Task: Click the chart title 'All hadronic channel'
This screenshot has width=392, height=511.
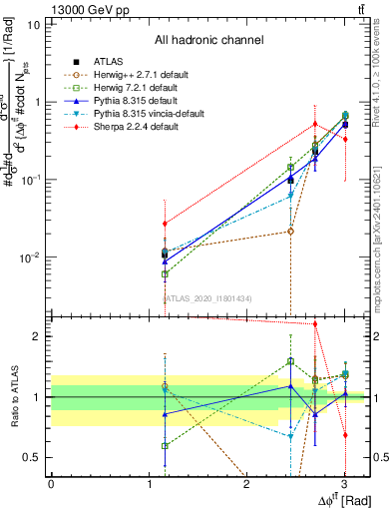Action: tap(208, 40)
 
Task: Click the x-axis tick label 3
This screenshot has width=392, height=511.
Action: tap(344, 485)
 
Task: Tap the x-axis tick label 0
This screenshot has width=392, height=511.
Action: tap(51, 485)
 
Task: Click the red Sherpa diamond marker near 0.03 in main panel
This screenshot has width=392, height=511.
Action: tap(165, 224)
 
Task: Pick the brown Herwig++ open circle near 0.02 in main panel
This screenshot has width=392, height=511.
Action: tap(290, 231)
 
